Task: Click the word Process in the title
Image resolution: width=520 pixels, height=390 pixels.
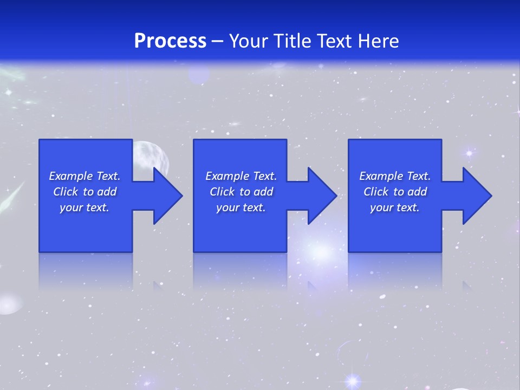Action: click(x=170, y=41)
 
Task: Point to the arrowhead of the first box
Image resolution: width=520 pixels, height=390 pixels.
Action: click(x=167, y=196)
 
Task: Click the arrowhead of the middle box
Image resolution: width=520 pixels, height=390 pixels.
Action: click(x=322, y=196)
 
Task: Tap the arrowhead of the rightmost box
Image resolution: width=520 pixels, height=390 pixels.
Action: click(x=477, y=196)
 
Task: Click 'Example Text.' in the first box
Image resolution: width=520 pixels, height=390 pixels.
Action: click(x=84, y=176)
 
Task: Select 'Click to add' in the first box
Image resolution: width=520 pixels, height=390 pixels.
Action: click(x=84, y=192)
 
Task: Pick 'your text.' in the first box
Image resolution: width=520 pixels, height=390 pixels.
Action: click(x=84, y=207)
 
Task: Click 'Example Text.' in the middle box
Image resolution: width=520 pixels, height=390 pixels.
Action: click(x=241, y=176)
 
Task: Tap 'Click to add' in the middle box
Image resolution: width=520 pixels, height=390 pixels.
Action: click(x=241, y=192)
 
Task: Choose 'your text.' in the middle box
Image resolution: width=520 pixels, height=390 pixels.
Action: click(x=241, y=207)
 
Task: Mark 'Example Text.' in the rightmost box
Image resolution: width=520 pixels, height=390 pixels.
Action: click(x=395, y=176)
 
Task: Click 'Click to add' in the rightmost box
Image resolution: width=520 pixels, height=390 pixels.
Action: click(x=395, y=192)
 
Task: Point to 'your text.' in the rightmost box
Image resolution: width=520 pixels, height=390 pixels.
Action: click(x=395, y=207)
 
